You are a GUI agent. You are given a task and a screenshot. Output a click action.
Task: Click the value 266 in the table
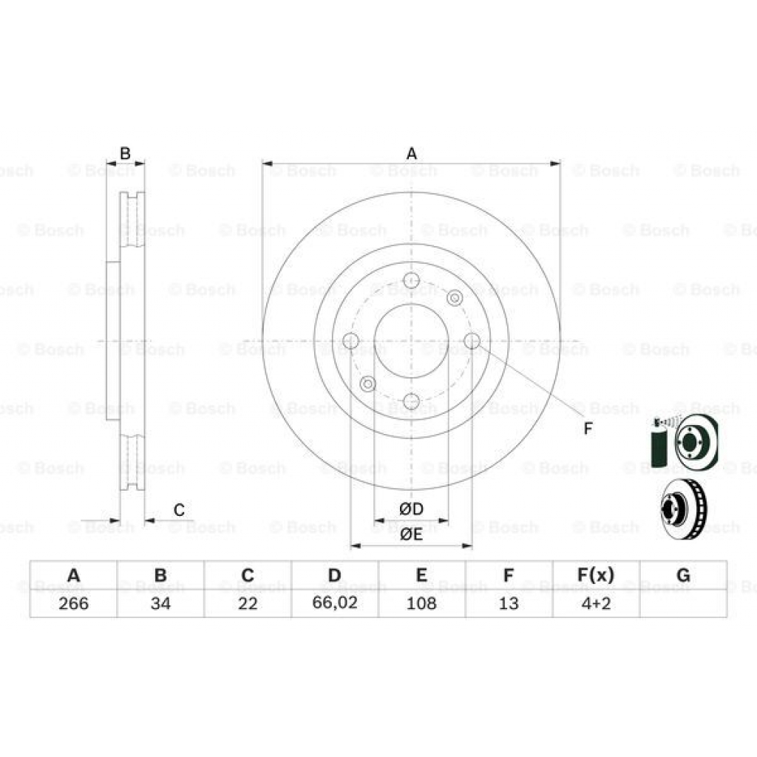(73, 603)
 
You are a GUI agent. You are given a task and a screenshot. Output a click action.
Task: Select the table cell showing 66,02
(335, 603)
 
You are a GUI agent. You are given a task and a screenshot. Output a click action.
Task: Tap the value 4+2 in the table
(596, 603)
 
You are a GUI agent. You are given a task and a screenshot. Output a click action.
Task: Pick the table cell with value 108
(421, 603)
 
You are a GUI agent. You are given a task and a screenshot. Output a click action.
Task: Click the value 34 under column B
(160, 603)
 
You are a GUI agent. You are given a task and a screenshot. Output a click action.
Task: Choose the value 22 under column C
(248, 603)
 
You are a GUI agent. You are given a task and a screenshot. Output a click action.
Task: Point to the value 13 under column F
(509, 603)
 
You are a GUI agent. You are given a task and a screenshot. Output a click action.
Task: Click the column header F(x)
(596, 575)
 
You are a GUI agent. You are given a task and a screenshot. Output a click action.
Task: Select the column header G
(683, 575)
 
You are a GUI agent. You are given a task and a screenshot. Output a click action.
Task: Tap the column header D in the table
(335, 575)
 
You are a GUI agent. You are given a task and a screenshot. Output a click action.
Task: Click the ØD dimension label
(411, 509)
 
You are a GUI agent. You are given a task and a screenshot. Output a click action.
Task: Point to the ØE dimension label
(411, 534)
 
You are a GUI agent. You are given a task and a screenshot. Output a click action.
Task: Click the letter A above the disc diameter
(412, 154)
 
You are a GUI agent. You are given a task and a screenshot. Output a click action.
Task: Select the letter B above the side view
(125, 154)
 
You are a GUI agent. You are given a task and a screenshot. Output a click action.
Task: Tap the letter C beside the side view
(178, 509)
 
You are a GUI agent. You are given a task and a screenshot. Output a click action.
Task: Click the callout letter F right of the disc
(588, 428)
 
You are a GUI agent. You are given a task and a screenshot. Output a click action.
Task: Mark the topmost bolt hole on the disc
(412, 280)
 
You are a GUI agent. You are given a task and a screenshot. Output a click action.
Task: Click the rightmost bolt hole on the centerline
(472, 341)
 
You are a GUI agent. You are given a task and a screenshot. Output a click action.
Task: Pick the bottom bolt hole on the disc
(412, 401)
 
